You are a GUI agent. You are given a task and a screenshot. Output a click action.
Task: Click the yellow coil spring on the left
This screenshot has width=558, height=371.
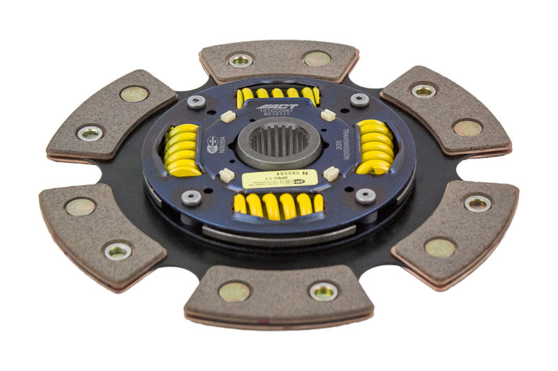(x=182, y=150)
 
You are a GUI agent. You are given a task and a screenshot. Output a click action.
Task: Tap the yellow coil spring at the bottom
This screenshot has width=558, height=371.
(x=279, y=204)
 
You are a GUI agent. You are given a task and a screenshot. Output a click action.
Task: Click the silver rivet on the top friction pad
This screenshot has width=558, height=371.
(x=241, y=61)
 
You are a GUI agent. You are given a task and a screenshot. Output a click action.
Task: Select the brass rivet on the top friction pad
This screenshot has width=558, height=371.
(x=317, y=58)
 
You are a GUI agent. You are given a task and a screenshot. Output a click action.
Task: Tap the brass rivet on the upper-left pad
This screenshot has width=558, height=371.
(x=133, y=94)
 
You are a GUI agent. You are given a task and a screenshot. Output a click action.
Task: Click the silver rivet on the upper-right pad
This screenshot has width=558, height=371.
(x=423, y=90)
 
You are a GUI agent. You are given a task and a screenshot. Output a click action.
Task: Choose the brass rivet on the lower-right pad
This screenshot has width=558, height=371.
(x=441, y=247)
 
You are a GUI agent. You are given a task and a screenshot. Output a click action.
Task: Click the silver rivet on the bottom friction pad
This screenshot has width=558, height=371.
(x=323, y=291)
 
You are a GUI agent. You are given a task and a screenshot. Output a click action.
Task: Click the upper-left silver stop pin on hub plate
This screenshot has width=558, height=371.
(x=197, y=102)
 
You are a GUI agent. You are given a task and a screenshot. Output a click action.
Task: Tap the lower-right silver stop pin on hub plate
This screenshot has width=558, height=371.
(x=365, y=196)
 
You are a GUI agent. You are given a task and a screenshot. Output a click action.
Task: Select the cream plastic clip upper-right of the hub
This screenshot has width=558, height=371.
(x=328, y=115)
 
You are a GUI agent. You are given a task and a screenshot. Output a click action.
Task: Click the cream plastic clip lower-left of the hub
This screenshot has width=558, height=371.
(x=226, y=174)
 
